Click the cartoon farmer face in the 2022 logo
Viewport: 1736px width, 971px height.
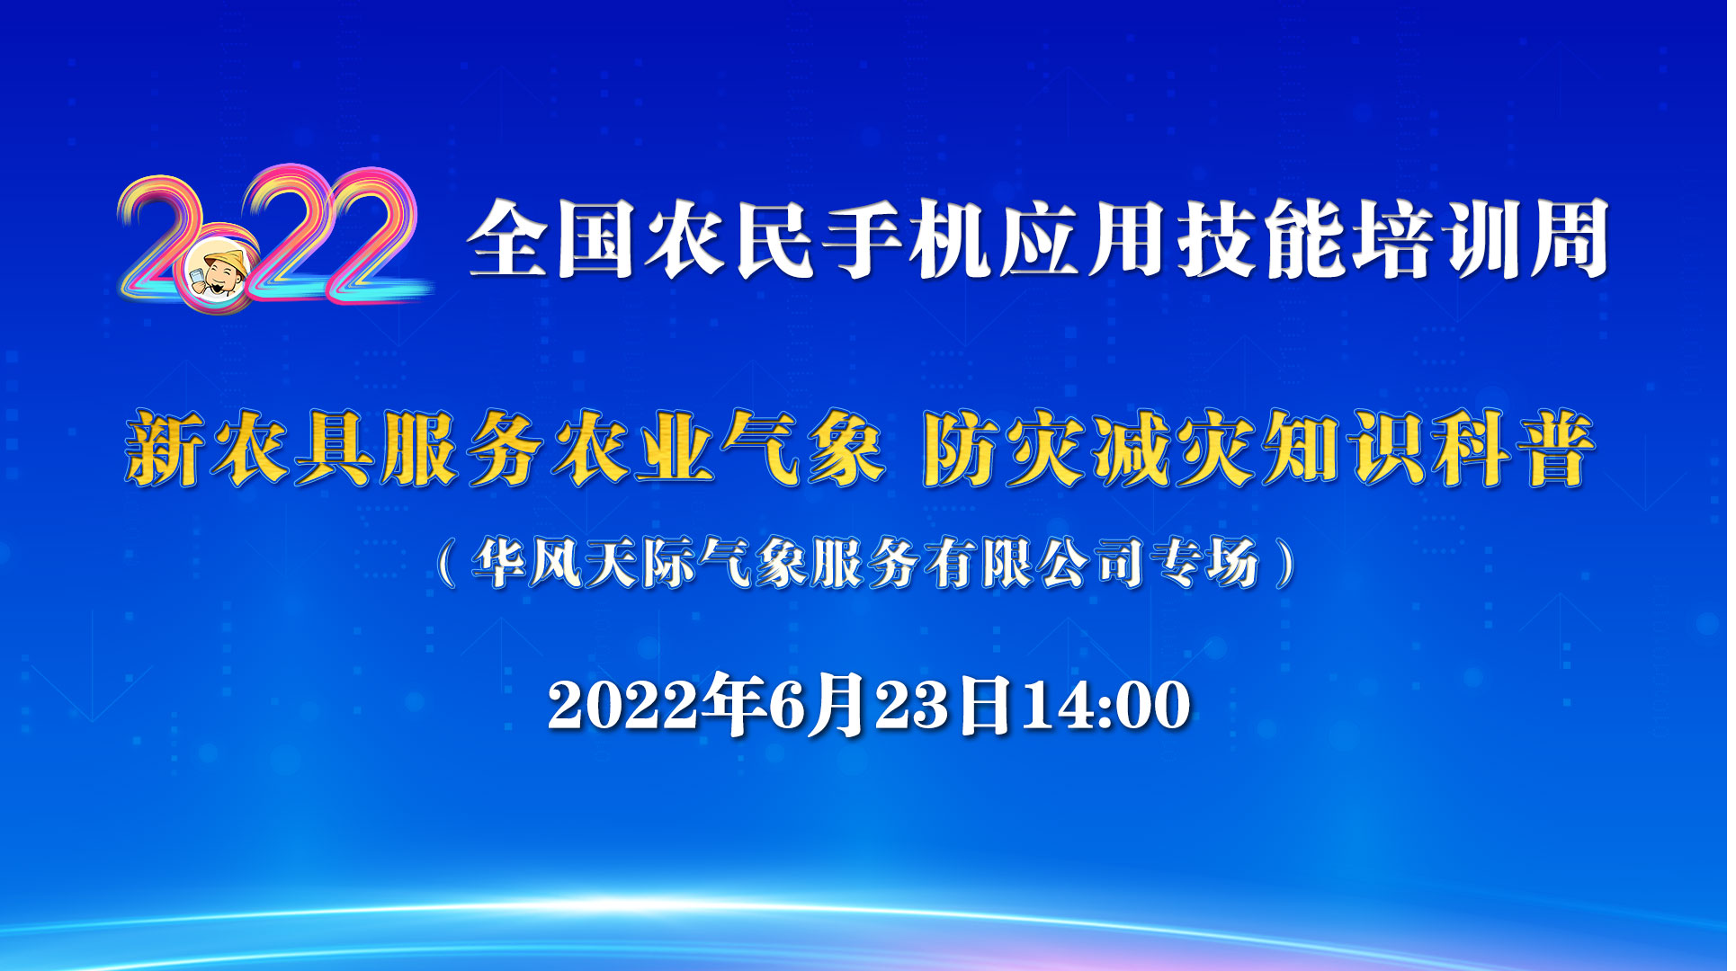click(x=223, y=272)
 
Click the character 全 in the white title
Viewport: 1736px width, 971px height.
click(x=506, y=240)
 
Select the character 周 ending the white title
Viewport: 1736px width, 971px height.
click(x=1569, y=240)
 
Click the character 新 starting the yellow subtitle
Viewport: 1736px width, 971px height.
click(x=166, y=450)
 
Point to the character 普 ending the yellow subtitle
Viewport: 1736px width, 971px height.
click(x=1554, y=450)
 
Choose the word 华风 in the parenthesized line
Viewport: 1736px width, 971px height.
click(x=529, y=564)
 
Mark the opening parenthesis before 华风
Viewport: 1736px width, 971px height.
click(x=446, y=564)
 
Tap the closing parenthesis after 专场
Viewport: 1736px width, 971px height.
click(x=1287, y=564)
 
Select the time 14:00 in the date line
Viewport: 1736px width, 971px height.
click(x=1106, y=705)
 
